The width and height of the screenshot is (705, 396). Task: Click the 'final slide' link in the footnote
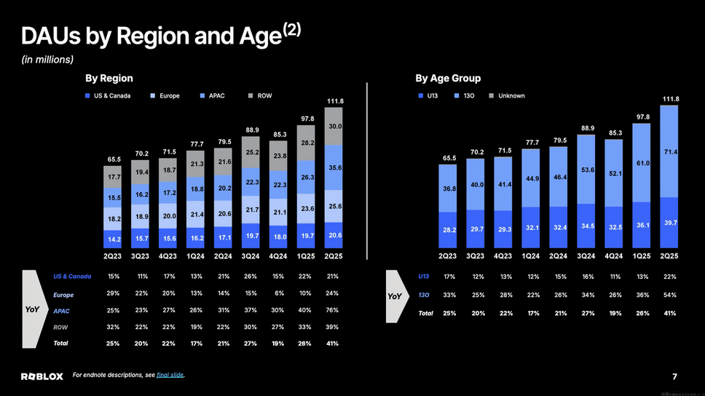point(170,375)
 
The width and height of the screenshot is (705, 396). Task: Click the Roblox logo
point(42,376)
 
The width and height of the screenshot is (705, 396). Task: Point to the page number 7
point(674,376)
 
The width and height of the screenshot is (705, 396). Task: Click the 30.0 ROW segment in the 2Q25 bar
point(334,127)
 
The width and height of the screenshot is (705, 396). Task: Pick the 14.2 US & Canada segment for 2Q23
point(114,238)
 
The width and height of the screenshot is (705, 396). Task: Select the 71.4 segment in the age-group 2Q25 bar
point(669,151)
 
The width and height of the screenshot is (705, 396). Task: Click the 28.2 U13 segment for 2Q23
point(449,230)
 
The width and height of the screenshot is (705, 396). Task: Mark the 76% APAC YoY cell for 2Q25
point(333,311)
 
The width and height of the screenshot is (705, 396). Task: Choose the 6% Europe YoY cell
point(277,293)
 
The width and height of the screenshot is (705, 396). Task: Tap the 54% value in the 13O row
point(669,295)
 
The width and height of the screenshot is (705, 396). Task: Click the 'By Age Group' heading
point(448,78)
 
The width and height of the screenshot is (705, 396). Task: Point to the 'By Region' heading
point(109,78)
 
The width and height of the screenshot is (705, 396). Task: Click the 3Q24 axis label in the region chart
point(251,256)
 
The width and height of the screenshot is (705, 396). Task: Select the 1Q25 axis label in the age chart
point(642,256)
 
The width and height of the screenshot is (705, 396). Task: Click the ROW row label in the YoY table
point(60,328)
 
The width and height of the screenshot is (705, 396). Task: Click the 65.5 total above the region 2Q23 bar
point(114,159)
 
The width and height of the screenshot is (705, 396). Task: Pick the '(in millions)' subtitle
point(47,59)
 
